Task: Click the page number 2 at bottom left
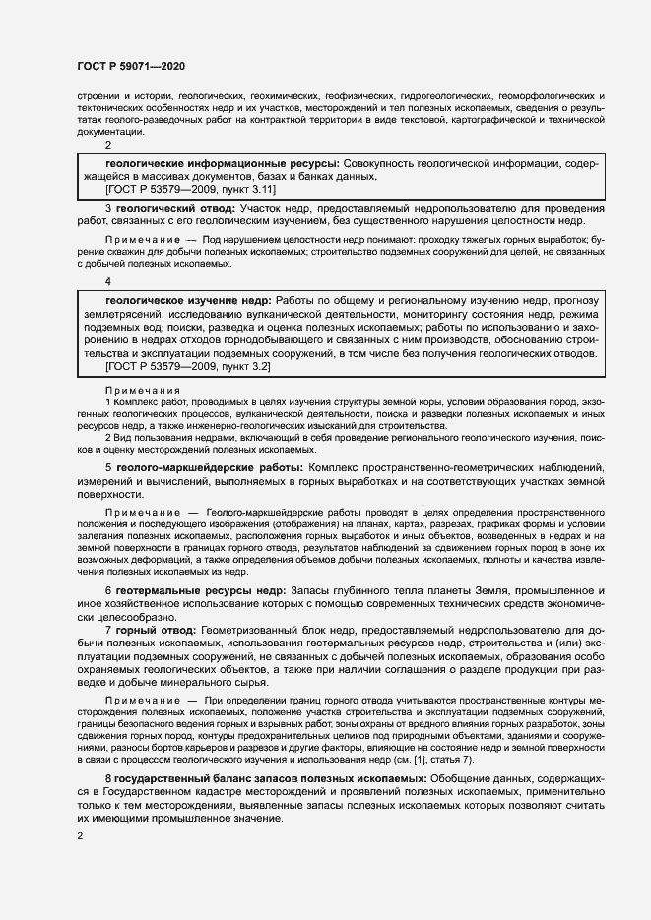point(80,836)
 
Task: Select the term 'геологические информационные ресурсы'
point(221,161)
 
